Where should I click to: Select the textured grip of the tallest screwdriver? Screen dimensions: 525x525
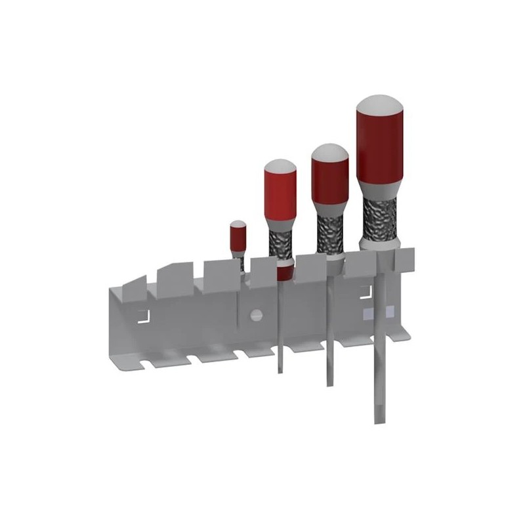[380, 220]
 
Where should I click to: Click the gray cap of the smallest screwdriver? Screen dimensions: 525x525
[238, 224]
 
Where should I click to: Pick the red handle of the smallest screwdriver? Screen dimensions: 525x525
[238, 240]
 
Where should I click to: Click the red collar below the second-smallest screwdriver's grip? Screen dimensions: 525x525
[283, 271]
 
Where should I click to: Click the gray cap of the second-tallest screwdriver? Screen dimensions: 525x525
[329, 152]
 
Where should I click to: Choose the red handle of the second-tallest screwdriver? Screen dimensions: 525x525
[329, 180]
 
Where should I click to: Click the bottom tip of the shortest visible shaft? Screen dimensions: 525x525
[280, 369]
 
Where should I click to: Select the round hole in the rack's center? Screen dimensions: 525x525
[256, 314]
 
